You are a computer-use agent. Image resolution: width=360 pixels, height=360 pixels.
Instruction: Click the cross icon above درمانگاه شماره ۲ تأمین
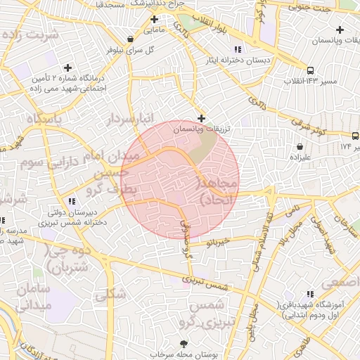point(67,68)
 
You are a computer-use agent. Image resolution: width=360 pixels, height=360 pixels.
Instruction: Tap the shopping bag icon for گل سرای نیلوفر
point(130,39)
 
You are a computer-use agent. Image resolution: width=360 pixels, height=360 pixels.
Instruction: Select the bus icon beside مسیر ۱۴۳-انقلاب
point(310,68)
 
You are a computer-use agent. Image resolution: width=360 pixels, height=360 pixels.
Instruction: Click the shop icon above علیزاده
point(301,147)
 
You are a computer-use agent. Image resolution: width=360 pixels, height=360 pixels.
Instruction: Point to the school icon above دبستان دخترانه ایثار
point(237,49)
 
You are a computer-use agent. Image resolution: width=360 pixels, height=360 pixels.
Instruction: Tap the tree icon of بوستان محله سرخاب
point(184,344)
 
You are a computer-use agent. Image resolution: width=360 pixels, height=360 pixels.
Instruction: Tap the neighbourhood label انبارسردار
point(129,120)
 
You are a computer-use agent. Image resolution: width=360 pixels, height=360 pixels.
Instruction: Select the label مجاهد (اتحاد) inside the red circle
point(219,191)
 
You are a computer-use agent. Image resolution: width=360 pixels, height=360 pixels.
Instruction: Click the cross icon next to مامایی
point(153,19)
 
